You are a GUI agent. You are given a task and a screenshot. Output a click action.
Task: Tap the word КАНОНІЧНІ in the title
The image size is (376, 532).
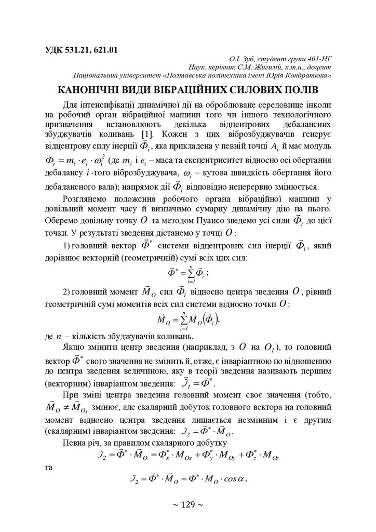(x=91, y=89)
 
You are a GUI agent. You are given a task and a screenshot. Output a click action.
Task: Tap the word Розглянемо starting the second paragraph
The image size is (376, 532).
(x=86, y=198)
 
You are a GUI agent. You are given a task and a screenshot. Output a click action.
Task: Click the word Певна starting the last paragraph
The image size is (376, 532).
(x=76, y=443)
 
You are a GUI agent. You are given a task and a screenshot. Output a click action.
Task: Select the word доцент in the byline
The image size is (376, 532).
(x=319, y=67)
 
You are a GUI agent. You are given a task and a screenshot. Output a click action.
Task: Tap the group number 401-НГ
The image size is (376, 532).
(x=318, y=59)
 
